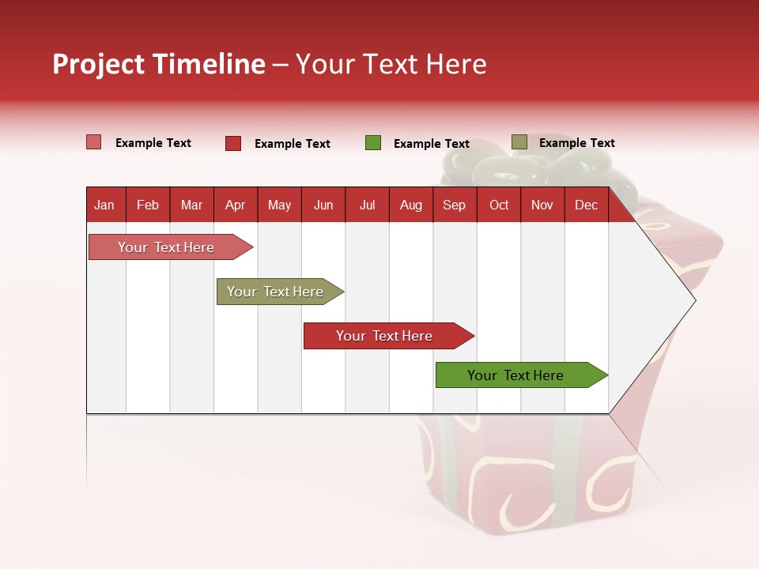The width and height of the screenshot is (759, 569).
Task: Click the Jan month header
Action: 104,205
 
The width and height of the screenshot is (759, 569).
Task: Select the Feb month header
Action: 148,205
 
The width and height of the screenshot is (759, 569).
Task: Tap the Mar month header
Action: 191,205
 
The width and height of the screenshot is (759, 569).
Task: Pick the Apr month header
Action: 235,205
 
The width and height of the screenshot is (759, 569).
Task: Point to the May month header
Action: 279,205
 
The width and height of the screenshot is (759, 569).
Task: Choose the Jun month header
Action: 323,205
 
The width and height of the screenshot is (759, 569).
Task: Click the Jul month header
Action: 367,205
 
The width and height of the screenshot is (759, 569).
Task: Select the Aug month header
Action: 411,205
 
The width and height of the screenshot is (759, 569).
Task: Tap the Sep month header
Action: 454,205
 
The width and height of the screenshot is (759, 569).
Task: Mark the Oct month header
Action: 499,205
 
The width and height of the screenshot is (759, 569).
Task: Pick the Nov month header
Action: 542,205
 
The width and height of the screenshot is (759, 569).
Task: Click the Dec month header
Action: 586,205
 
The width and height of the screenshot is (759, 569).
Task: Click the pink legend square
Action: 93,142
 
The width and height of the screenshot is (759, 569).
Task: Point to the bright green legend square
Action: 373,143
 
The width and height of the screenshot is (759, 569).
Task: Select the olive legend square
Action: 519,142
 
